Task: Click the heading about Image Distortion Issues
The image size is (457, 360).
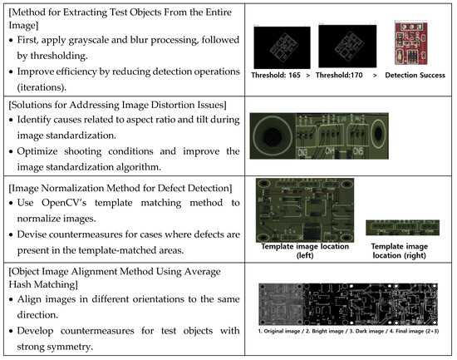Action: tap(125, 111)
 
